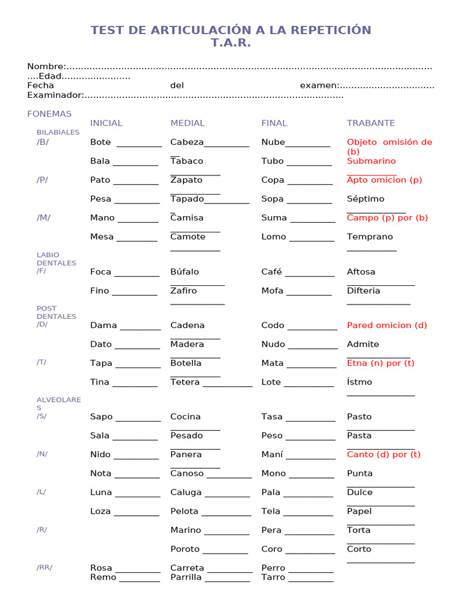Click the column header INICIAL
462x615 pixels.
(x=106, y=123)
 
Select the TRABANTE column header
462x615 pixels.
(x=371, y=123)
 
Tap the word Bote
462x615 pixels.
(x=100, y=142)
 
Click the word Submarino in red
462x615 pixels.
(x=371, y=161)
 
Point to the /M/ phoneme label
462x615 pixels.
(x=43, y=217)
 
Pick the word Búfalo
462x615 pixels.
(x=184, y=272)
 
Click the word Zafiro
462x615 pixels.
(x=183, y=291)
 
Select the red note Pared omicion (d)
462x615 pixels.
(x=387, y=326)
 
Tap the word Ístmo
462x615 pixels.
(x=359, y=382)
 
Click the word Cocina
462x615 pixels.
(x=185, y=417)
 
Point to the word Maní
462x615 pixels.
(x=272, y=455)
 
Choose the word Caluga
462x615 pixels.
(x=186, y=492)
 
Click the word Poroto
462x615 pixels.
(x=185, y=549)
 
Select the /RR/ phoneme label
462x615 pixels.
(x=44, y=568)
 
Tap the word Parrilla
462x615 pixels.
(x=186, y=578)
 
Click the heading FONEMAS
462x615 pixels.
(x=49, y=114)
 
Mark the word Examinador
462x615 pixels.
(x=54, y=95)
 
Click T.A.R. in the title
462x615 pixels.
(x=230, y=43)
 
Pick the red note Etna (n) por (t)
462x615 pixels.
(x=380, y=363)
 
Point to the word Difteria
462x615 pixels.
(x=363, y=291)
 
